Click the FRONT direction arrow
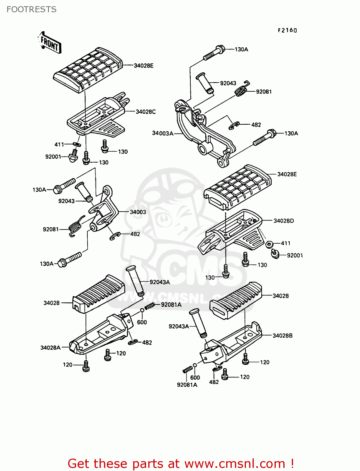tap(49, 42)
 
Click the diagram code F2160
tap(287, 30)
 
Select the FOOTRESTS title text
tap(31, 9)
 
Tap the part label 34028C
tap(145, 112)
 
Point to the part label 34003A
tap(162, 133)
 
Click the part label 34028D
tap(283, 221)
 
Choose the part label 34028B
tap(282, 336)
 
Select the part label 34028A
tap(50, 348)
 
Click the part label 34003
tap(138, 212)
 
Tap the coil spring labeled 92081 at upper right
tap(242, 89)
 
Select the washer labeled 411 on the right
tap(269, 244)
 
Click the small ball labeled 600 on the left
tap(142, 310)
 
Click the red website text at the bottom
tap(181, 463)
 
